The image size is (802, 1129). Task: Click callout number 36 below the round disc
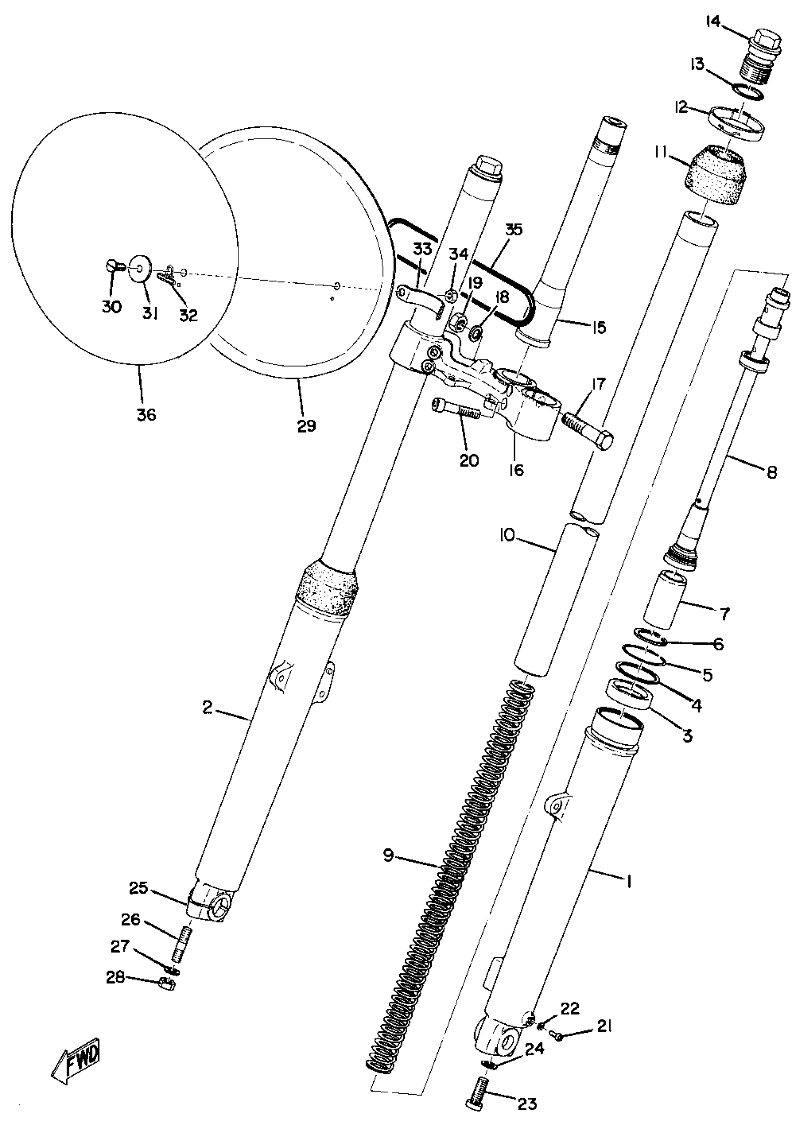click(146, 414)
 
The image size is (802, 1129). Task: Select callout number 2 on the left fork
click(208, 708)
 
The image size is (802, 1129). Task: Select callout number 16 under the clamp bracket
click(516, 470)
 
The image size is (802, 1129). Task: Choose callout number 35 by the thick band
click(514, 230)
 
